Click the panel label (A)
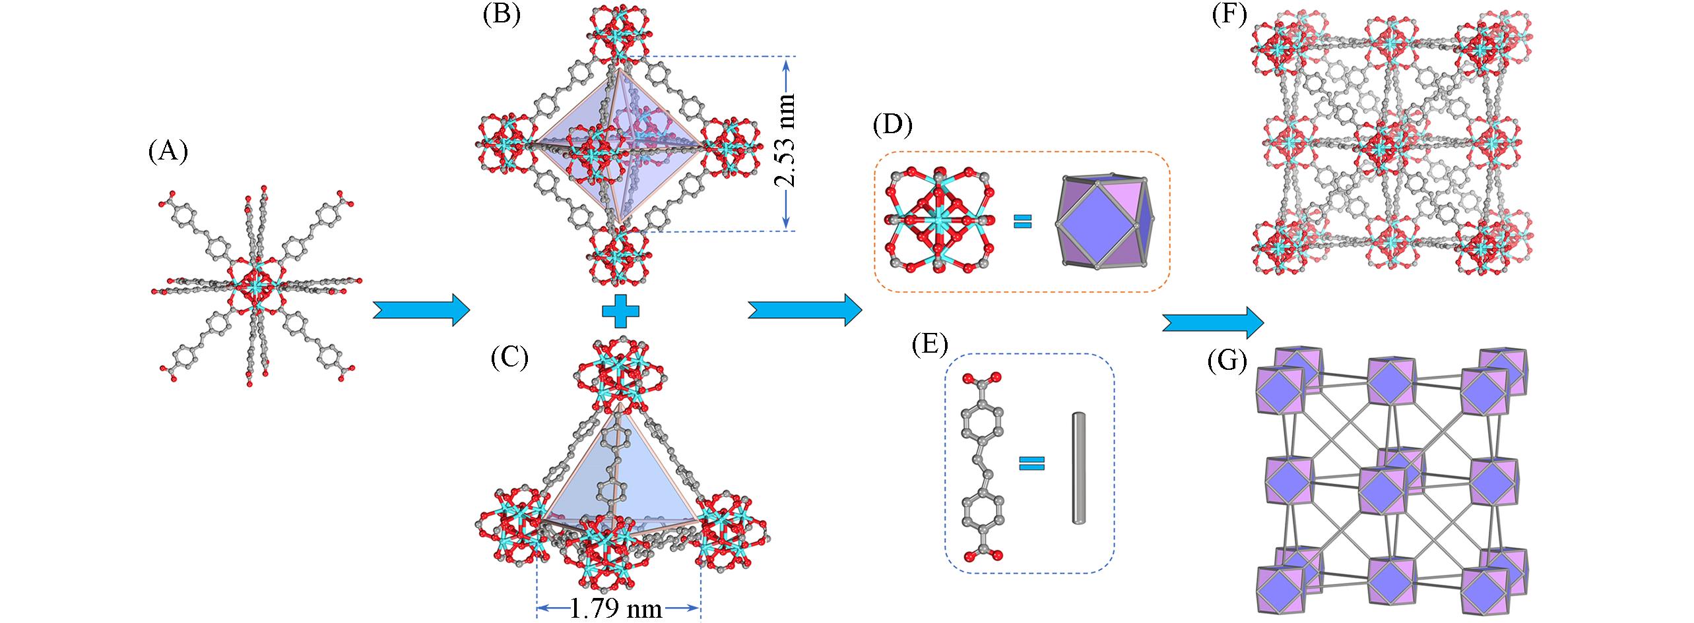168,152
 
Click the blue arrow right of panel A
421,309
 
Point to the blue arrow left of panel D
804,309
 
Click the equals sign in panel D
1022,221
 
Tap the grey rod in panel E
1078,467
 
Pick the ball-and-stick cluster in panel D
940,221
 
